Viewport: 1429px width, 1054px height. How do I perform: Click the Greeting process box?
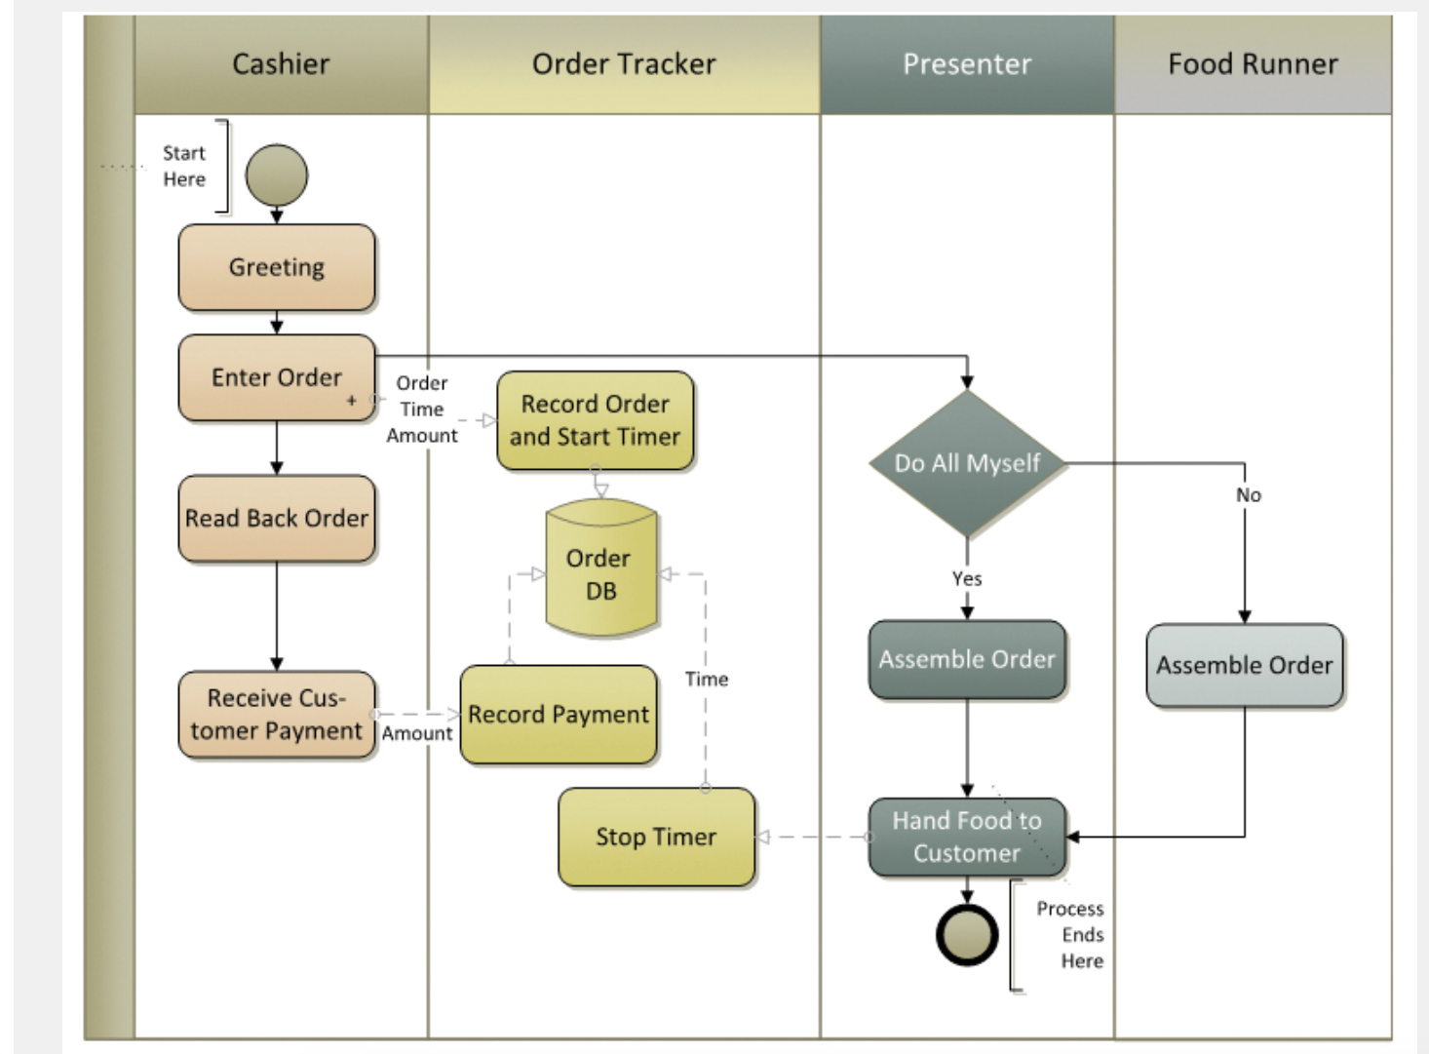(x=277, y=267)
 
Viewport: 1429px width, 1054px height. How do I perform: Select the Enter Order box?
(x=277, y=377)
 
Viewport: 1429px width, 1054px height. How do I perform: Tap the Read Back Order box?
(x=277, y=518)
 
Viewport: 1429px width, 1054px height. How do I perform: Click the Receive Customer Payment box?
(x=277, y=715)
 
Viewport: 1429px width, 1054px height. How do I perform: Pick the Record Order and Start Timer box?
(x=596, y=420)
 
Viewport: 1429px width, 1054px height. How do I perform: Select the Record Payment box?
(x=559, y=715)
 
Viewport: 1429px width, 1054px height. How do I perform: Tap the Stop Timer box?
(x=656, y=837)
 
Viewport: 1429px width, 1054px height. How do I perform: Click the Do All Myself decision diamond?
(x=967, y=463)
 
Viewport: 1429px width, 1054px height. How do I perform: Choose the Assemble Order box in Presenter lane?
(x=967, y=659)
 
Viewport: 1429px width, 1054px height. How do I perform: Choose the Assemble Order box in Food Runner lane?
(x=1244, y=665)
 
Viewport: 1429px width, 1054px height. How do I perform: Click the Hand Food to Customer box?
(x=967, y=837)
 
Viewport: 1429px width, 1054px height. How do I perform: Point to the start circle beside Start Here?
(x=277, y=176)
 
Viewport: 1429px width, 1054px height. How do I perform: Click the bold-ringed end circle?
(x=967, y=934)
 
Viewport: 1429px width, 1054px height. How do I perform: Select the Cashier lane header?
(x=281, y=64)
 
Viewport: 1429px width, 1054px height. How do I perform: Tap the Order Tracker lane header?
(x=624, y=64)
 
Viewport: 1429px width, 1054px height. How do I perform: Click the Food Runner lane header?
(x=1253, y=64)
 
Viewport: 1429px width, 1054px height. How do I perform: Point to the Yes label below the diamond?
(x=967, y=578)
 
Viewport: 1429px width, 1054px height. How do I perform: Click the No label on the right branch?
(x=1249, y=495)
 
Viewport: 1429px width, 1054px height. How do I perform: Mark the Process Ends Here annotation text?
(x=1071, y=934)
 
